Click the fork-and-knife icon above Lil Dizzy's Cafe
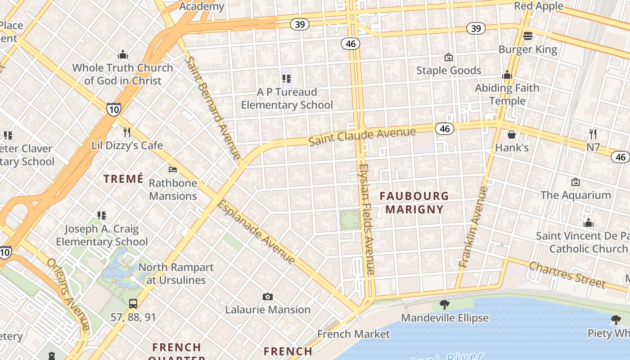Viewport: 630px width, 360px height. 127,132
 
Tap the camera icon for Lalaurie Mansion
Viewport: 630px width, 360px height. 268,297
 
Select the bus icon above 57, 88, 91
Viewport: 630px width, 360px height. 133,303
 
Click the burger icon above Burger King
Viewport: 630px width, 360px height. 528,36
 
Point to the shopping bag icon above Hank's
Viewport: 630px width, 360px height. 512,134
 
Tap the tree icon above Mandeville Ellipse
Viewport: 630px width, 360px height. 445,305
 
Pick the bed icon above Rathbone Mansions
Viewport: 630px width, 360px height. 173,170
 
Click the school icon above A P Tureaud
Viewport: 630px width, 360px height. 287,79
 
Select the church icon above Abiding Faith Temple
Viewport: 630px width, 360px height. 508,75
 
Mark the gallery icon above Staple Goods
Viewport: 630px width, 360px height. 448,57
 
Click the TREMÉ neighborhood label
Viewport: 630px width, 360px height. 123,179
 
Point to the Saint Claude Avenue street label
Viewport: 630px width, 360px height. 362,136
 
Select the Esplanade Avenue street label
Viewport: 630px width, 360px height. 256,232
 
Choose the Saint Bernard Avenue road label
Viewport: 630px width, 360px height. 213,108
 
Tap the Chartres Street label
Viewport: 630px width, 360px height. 567,274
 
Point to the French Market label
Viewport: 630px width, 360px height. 353,334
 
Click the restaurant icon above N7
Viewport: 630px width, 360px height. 593,134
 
